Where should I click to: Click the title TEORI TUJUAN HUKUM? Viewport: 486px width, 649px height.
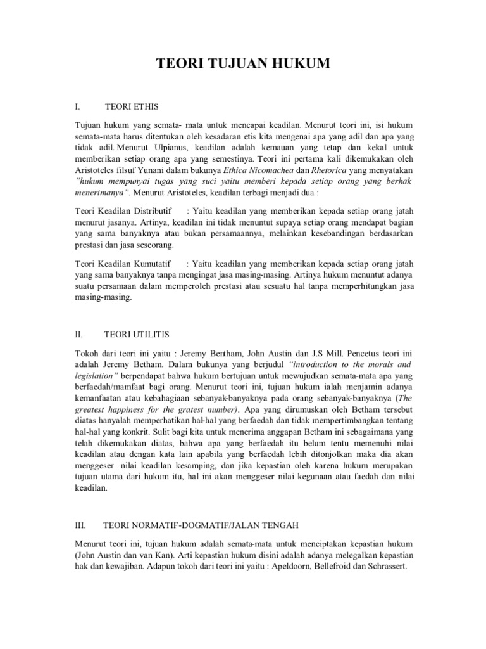click(x=243, y=63)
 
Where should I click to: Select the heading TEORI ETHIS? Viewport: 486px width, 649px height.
click(x=132, y=106)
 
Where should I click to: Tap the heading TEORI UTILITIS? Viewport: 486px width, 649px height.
click(x=137, y=333)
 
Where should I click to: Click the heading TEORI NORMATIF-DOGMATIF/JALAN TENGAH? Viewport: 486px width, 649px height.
click(x=201, y=526)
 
